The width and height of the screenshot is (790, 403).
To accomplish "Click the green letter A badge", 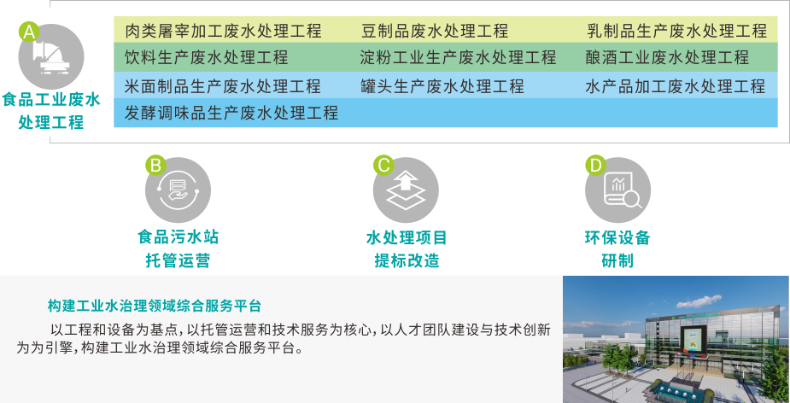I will (x=28, y=32).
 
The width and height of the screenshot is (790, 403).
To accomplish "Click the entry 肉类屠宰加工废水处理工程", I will (x=223, y=32).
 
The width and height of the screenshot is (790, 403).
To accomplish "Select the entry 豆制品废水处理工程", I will (x=435, y=32).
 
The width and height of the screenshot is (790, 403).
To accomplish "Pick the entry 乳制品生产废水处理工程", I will (x=676, y=32).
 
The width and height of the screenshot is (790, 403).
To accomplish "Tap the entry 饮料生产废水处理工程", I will (x=206, y=59).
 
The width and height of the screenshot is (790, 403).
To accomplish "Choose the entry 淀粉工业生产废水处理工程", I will (x=458, y=59).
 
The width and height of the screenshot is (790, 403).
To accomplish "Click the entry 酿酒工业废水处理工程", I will (x=667, y=59).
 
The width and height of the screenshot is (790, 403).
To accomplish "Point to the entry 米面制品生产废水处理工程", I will (x=223, y=86).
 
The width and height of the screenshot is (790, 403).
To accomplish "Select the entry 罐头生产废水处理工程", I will (x=442, y=86).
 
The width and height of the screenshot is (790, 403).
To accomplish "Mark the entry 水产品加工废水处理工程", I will (x=676, y=86).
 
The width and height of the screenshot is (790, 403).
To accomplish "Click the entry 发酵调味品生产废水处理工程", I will (x=231, y=113).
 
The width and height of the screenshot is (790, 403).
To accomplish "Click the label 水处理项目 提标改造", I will (x=406, y=248).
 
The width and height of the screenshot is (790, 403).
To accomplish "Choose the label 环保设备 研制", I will (x=617, y=248).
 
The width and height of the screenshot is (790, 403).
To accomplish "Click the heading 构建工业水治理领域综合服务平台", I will (x=155, y=306).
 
